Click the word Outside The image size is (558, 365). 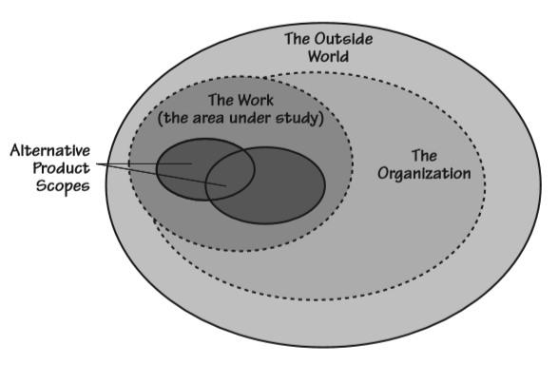click(x=343, y=40)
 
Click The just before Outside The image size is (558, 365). click(x=298, y=40)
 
